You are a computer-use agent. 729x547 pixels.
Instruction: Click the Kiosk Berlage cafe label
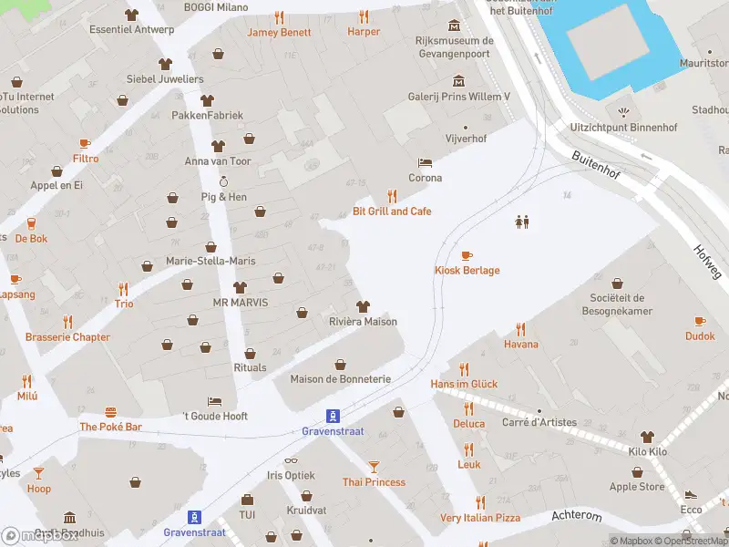(x=466, y=270)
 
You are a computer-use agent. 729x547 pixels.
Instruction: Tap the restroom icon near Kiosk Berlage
(x=522, y=222)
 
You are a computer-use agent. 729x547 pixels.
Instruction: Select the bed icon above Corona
(x=425, y=162)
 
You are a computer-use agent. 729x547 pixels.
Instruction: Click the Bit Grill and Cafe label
(x=392, y=212)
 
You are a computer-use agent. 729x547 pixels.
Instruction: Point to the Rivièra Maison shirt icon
(x=363, y=305)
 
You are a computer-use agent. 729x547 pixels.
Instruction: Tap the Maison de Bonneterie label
(x=340, y=378)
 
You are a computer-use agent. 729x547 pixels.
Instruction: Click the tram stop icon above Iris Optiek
(x=334, y=414)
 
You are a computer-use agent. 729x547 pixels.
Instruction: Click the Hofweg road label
(x=705, y=261)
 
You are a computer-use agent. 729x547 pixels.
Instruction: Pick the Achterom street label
(x=577, y=516)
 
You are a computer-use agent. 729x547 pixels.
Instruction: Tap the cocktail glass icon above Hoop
(x=38, y=472)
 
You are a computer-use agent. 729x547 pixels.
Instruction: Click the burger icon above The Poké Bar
(x=110, y=411)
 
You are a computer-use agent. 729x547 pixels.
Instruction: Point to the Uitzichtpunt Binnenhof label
(x=622, y=128)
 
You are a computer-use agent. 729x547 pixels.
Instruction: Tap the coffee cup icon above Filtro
(x=85, y=143)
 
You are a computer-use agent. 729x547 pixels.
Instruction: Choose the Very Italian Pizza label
(x=480, y=518)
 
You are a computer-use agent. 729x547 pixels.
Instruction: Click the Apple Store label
(x=636, y=487)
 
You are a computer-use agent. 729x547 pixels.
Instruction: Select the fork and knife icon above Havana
(x=521, y=328)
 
